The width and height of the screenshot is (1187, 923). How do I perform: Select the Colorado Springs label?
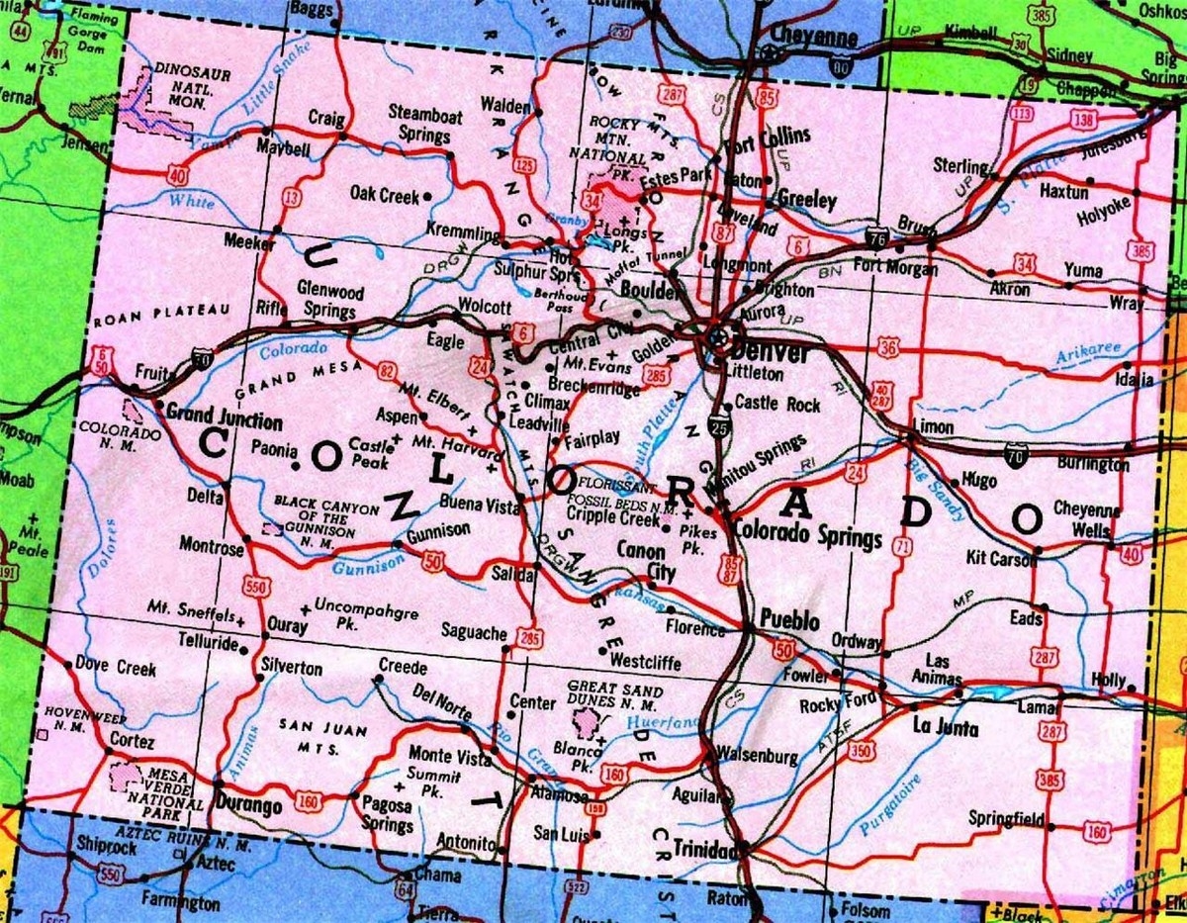click(x=806, y=537)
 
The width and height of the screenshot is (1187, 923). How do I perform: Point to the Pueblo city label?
click(x=789, y=621)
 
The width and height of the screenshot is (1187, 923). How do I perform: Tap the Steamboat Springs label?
click(x=424, y=124)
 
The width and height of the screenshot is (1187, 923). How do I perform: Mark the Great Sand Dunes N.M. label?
click(x=612, y=696)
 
